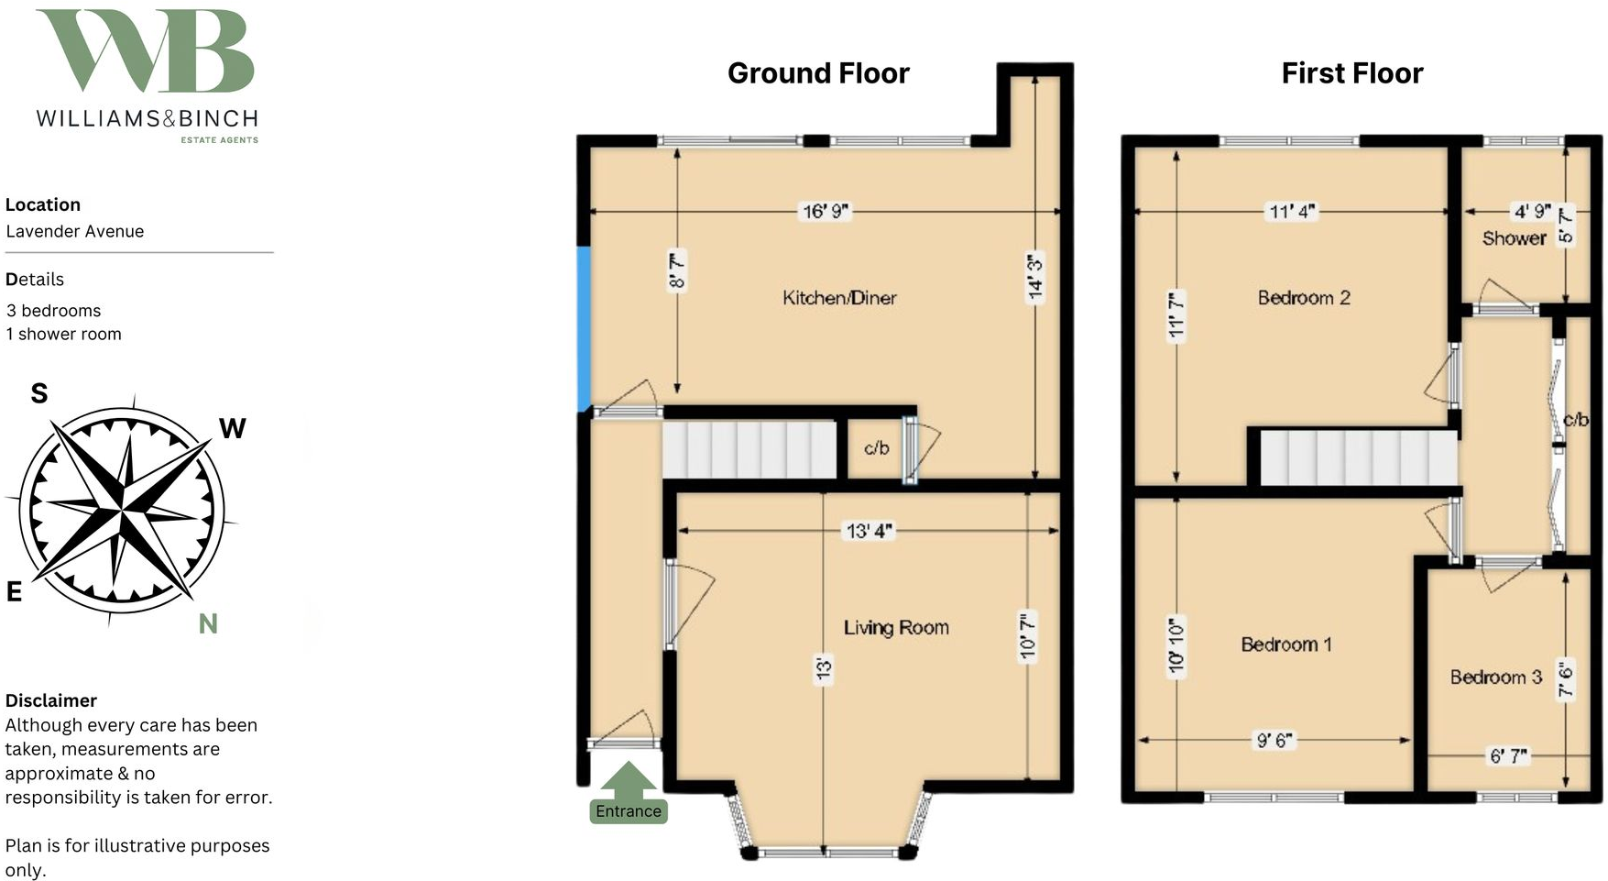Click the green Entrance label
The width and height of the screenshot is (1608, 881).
click(628, 811)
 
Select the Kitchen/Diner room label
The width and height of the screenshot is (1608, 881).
click(839, 298)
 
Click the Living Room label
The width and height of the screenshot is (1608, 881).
click(896, 628)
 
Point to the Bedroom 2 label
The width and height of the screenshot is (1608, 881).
click(1304, 298)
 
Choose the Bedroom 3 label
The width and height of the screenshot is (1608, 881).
click(1495, 677)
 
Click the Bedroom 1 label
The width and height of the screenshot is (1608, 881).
click(1286, 644)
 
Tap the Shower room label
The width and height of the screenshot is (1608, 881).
click(1514, 238)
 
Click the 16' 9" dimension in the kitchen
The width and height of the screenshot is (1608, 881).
click(826, 212)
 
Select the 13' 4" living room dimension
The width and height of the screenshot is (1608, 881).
click(869, 531)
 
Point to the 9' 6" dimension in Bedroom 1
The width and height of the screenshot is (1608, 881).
click(1274, 740)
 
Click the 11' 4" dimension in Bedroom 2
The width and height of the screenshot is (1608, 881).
click(1292, 212)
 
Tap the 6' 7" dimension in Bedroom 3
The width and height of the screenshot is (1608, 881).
click(1508, 756)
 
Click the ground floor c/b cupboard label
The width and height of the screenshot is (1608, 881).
click(876, 448)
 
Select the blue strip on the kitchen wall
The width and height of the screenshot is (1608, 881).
click(584, 329)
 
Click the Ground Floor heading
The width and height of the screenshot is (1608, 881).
click(818, 73)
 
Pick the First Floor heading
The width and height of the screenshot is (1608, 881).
click(1351, 73)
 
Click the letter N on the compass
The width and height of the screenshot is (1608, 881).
click(208, 624)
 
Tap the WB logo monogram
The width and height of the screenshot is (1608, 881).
click(147, 51)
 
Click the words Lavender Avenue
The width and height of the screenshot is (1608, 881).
click(75, 231)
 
